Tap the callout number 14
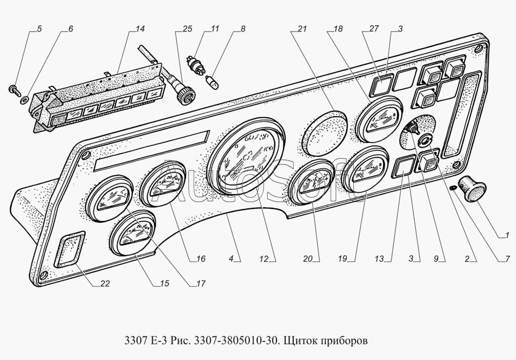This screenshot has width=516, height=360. tap(125, 29)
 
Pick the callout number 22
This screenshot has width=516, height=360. tap(105, 284)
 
